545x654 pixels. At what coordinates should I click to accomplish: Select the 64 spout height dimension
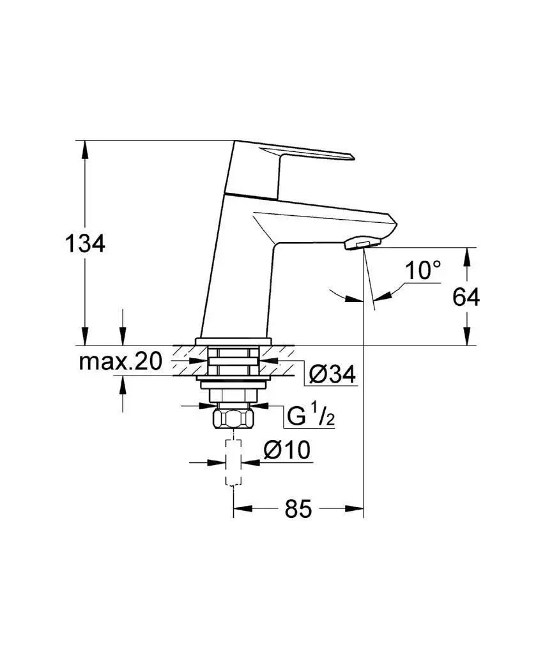(466, 296)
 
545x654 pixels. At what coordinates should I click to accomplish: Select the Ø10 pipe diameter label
(287, 450)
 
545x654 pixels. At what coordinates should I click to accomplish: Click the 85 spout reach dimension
(298, 509)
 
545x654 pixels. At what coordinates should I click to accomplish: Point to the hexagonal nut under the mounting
(234, 421)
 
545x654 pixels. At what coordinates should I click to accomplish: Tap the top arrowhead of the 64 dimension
(467, 255)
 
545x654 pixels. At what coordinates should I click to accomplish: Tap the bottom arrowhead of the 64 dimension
(467, 338)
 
